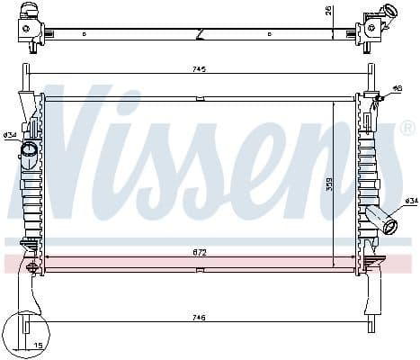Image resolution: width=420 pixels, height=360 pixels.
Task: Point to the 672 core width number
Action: coord(199,254)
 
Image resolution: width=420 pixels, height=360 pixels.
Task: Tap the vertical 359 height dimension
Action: coord(329,184)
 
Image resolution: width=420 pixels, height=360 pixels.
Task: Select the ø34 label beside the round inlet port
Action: coord(10,135)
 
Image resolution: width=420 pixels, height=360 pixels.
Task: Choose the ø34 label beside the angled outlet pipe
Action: coord(410,201)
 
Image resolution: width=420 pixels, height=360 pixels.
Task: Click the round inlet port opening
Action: coord(29,149)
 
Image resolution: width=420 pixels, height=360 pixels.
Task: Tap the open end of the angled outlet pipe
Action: coord(390,226)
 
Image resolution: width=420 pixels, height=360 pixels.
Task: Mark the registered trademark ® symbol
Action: coord(407,129)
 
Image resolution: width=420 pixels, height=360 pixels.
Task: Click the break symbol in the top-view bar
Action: coord(199,34)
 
